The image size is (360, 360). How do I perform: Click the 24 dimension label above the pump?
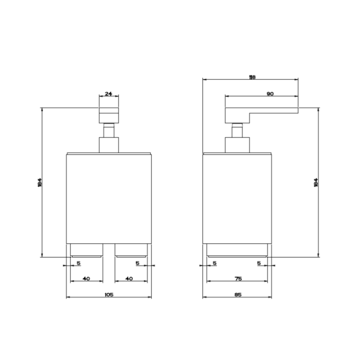click(108, 94)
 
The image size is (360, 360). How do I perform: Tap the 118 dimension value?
click(252, 77)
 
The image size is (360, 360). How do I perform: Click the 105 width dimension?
click(109, 295)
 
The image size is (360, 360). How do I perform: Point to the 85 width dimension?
click(237, 295)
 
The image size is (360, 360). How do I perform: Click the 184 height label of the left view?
click(39, 182)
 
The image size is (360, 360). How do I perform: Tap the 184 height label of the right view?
click(315, 182)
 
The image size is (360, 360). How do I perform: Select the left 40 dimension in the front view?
click(86, 278)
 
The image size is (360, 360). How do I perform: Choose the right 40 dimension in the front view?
click(129, 278)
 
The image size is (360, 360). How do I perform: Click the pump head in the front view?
click(108, 115)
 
